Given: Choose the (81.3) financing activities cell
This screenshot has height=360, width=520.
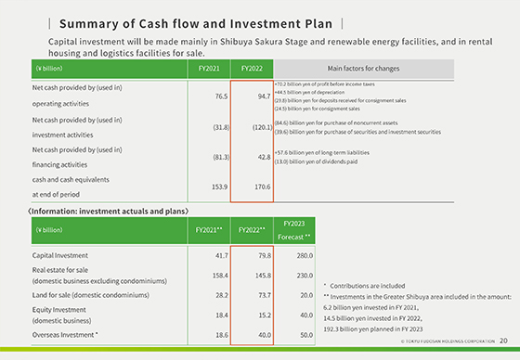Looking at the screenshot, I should (x=210, y=157).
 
